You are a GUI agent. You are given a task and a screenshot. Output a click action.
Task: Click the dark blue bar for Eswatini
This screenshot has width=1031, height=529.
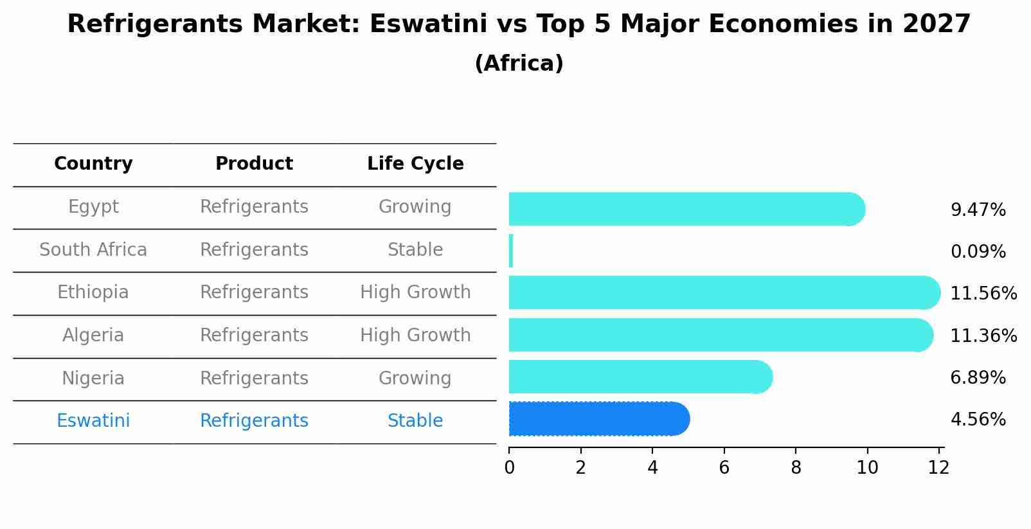click(x=598, y=419)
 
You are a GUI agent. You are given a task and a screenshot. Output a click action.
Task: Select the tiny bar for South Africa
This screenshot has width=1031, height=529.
click(x=511, y=251)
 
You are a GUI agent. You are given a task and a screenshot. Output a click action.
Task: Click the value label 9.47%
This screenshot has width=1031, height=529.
click(x=978, y=210)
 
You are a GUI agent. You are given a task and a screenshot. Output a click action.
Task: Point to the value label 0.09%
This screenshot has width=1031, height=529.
click(x=978, y=252)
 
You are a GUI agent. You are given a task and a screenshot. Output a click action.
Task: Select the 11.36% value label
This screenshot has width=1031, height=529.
click(x=983, y=336)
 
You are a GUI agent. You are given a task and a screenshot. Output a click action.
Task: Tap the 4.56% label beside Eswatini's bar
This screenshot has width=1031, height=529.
click(x=978, y=420)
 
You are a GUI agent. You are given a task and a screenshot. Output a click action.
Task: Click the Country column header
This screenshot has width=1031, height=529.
click(x=93, y=164)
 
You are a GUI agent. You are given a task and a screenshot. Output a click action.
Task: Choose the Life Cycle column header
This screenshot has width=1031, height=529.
click(x=415, y=164)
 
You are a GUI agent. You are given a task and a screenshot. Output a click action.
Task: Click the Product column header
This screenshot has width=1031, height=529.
click(x=254, y=164)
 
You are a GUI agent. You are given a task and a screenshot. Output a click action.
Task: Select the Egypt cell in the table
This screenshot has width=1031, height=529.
click(x=93, y=207)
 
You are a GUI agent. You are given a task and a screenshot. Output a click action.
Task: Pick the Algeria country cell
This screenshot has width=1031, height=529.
click(x=93, y=336)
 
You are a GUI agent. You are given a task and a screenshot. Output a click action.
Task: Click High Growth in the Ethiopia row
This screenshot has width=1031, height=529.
click(x=415, y=292)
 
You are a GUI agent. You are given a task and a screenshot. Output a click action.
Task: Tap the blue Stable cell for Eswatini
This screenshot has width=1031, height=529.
click(x=415, y=421)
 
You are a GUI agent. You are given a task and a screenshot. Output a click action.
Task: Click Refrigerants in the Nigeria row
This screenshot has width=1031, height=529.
click(x=254, y=379)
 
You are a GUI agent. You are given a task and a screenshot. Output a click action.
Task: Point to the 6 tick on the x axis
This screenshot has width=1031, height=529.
click(x=724, y=468)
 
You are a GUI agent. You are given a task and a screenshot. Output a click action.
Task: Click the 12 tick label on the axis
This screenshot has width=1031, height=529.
click(x=938, y=468)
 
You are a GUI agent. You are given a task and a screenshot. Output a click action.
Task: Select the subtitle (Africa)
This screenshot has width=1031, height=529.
click(x=519, y=64)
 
